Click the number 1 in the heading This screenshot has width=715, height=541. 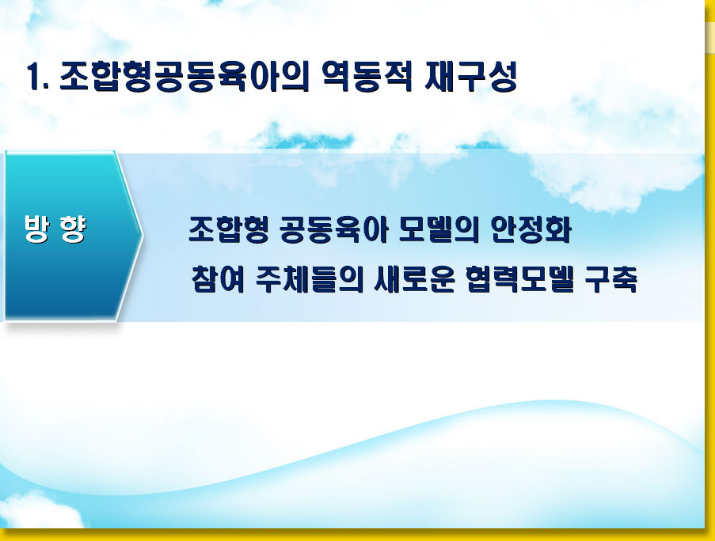click(x=32, y=76)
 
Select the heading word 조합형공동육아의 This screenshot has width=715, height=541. click(x=184, y=76)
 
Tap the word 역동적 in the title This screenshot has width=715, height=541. click(x=367, y=76)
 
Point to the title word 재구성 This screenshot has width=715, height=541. click(x=470, y=76)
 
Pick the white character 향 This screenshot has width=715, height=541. click(x=73, y=229)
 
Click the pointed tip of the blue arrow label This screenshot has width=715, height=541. click(x=143, y=236)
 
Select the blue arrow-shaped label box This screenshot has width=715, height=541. click(x=74, y=236)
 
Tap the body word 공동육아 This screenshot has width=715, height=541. click(x=333, y=229)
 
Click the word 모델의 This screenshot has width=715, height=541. click(x=439, y=229)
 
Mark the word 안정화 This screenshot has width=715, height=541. click(x=531, y=229)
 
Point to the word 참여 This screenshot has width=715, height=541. click(x=218, y=278)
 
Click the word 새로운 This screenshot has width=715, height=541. click(x=414, y=278)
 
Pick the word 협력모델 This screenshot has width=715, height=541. click(x=520, y=278)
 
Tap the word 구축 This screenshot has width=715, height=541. click(x=611, y=278)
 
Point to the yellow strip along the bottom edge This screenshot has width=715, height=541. click(x=358, y=535)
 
